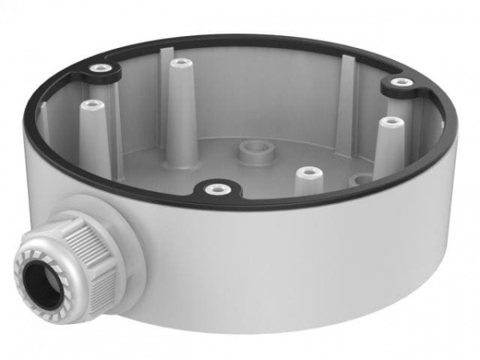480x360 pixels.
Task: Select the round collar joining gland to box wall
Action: pyautogui.click(x=132, y=232)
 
